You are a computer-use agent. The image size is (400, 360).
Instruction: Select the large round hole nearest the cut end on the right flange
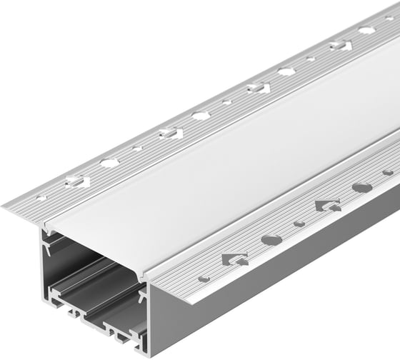271,239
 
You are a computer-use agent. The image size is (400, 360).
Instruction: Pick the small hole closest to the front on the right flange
204,278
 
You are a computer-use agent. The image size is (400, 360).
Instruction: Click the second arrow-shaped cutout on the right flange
327,206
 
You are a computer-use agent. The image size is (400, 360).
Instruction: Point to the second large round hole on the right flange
361,188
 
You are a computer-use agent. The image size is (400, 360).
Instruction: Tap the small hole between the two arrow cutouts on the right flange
299,224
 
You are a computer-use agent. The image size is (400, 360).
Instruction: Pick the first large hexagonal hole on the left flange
109,163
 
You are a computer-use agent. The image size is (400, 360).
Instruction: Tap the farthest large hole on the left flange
366,30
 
